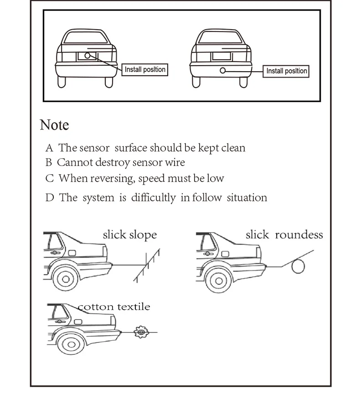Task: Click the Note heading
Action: pyautogui.click(x=54, y=125)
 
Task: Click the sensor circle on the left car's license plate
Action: pyautogui.click(x=87, y=56)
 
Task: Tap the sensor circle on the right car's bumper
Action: pyautogui.click(x=223, y=70)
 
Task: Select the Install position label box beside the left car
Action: pyautogui.click(x=145, y=70)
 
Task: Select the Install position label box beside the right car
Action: pyautogui.click(x=286, y=71)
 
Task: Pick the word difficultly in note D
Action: pyautogui.click(x=154, y=197)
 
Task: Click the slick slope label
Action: pyautogui.click(x=130, y=235)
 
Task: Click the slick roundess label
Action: pyautogui.click(x=284, y=235)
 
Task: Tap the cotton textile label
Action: pyautogui.click(x=114, y=307)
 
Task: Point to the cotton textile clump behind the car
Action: pyautogui.click(x=141, y=332)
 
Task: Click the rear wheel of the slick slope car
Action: pyautogui.click(x=66, y=279)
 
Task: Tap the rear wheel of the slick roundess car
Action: pyautogui.click(x=218, y=280)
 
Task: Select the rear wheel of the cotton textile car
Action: pyautogui.click(x=71, y=344)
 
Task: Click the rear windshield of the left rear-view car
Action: pyautogui.click(x=86, y=37)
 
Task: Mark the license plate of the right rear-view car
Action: pyautogui.click(x=221, y=57)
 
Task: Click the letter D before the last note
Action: pyautogui.click(x=50, y=198)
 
